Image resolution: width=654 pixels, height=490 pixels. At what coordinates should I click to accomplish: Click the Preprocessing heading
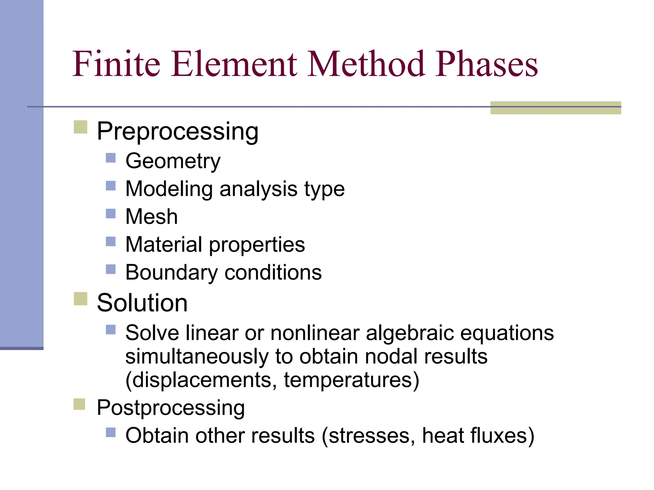(x=178, y=131)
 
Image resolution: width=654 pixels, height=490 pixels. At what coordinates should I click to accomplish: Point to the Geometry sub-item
(x=173, y=161)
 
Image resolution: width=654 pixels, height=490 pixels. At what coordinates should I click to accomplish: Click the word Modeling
(x=169, y=189)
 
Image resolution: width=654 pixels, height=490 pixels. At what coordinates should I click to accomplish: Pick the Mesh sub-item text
(x=151, y=217)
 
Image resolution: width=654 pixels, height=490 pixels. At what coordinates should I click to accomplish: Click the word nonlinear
(x=315, y=333)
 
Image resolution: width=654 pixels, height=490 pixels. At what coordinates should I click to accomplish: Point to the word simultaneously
(x=197, y=357)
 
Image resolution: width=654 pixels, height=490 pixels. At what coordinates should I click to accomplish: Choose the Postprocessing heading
(x=171, y=408)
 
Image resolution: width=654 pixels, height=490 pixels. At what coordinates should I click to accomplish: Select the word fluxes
(x=500, y=436)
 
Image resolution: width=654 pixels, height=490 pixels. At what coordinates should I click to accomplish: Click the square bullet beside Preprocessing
(x=80, y=127)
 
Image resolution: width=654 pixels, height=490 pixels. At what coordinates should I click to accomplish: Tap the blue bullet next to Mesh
(x=110, y=213)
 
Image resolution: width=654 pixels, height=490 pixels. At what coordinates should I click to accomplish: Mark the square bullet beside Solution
(x=80, y=299)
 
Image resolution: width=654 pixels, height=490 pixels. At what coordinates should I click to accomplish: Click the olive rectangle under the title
(x=555, y=108)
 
